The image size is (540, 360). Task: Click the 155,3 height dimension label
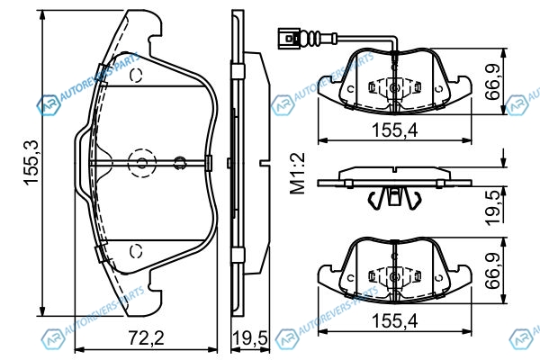tap(31, 163)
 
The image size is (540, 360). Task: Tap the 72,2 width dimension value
tap(147, 338)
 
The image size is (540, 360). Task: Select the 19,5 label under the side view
tap(250, 338)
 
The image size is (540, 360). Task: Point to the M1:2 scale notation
tap(298, 174)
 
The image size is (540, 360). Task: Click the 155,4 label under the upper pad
tap(395, 130)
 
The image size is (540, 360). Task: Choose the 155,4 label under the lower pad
tap(395, 320)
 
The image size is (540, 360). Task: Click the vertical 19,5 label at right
tap(493, 208)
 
